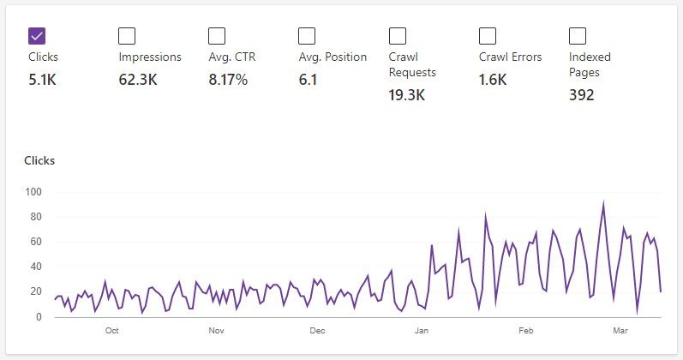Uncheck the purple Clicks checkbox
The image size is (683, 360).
point(37,35)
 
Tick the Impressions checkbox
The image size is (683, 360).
point(127,35)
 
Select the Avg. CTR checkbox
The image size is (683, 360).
point(217,35)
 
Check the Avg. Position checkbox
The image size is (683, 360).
point(307,35)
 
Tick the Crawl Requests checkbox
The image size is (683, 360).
point(397,35)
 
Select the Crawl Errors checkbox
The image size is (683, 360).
point(488,35)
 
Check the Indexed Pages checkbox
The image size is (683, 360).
point(578,35)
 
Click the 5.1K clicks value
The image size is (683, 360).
point(44,80)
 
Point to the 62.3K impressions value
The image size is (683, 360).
point(138,80)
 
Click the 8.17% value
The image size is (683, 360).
point(228,80)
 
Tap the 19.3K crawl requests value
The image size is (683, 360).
point(406,94)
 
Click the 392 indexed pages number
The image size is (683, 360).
point(582,94)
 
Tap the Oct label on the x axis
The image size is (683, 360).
point(111,330)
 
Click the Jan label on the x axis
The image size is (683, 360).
point(421,330)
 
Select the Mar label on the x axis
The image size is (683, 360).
point(620,330)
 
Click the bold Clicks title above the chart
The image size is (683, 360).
point(39,160)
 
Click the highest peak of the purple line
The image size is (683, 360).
point(604,204)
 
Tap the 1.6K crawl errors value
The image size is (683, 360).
point(493,80)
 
